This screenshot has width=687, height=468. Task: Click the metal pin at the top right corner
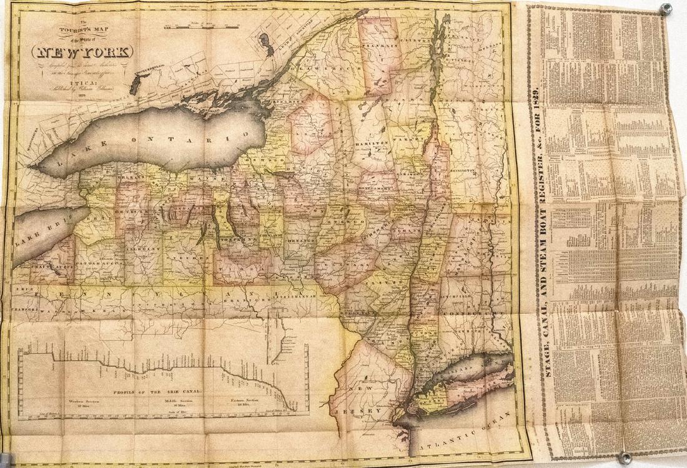tap(667, 9)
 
